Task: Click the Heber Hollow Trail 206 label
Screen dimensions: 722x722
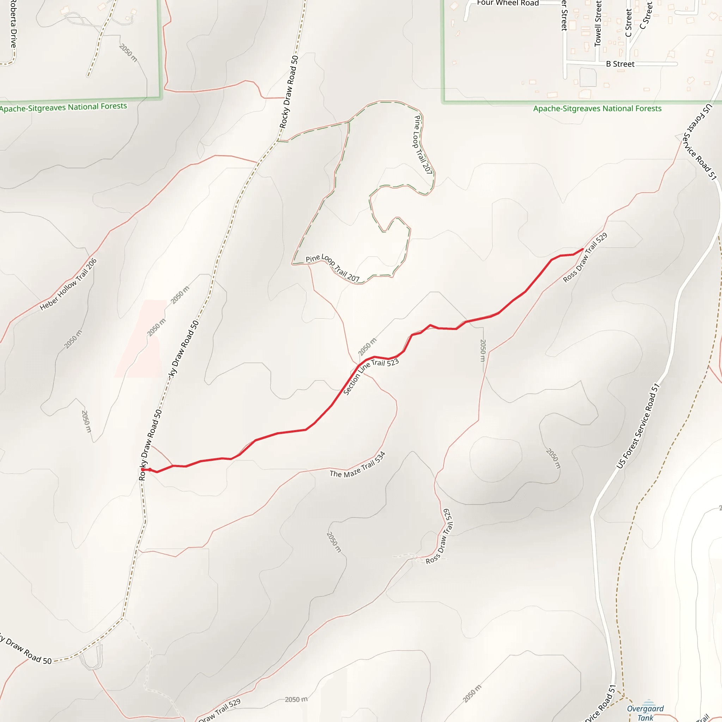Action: click(68, 284)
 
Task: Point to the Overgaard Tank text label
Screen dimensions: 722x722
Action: click(645, 712)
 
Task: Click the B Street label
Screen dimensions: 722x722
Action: click(620, 64)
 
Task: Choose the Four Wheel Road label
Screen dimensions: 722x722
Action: click(508, 3)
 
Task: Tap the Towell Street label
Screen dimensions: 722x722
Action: click(598, 23)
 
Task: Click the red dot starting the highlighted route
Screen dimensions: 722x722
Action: click(143, 469)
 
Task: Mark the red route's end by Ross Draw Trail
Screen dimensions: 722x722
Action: click(583, 249)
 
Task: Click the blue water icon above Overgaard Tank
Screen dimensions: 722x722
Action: click(649, 703)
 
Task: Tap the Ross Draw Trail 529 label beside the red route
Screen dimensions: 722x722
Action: click(585, 257)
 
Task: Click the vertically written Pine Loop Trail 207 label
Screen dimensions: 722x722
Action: click(423, 145)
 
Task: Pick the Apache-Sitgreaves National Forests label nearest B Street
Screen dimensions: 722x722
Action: click(597, 109)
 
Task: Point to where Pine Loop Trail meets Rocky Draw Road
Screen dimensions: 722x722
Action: click(278, 141)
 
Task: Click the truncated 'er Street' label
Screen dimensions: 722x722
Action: click(564, 15)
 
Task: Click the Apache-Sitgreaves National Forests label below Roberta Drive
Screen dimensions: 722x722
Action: click(63, 108)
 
